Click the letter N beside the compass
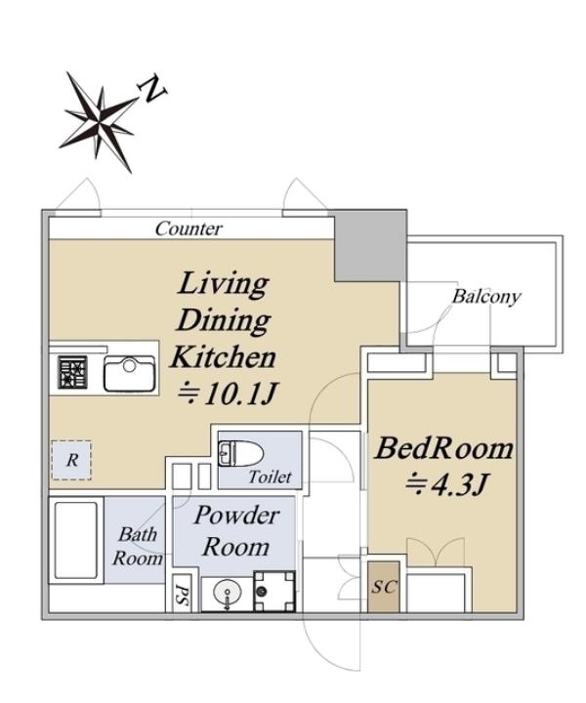(153, 89)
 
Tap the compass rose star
(99, 120)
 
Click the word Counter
(188, 228)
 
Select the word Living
(224, 284)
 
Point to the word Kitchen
(223, 357)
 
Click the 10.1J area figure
(228, 393)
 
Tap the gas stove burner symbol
(72, 372)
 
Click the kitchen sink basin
(130, 374)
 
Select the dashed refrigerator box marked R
(71, 461)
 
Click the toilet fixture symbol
(240, 453)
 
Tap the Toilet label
(270, 477)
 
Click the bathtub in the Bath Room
(76, 540)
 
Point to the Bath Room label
(138, 546)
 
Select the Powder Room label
(236, 531)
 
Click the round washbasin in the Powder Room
(228, 595)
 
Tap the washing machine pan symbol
(273, 592)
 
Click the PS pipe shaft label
(182, 594)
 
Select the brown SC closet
(384, 587)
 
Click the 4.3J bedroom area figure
(445, 483)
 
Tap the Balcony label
(486, 297)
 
